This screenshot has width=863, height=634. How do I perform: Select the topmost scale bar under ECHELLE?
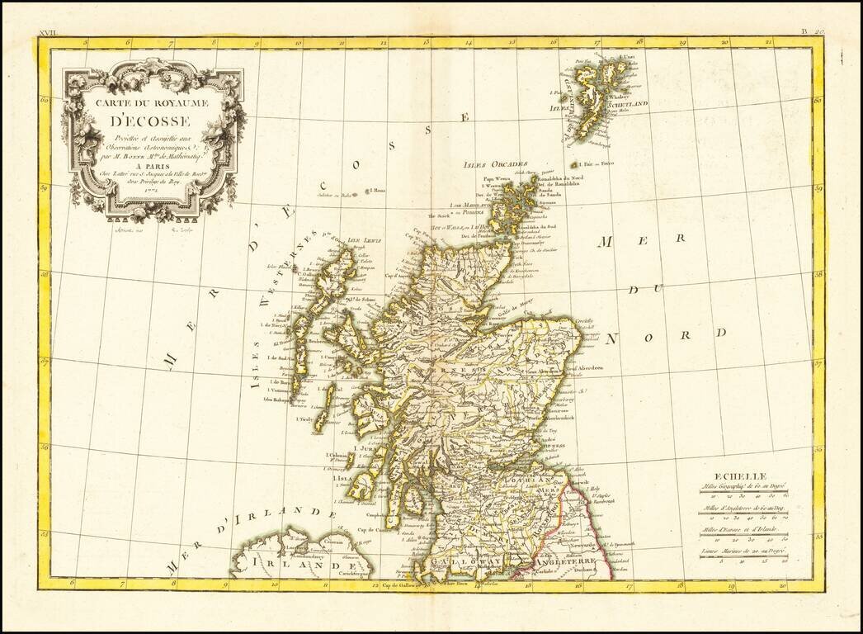tap(741, 495)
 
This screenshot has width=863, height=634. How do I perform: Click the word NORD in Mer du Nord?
tap(665, 336)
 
